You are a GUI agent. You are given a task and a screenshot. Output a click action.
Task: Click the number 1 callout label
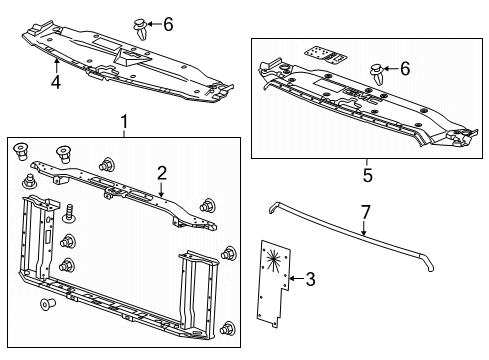click(x=124, y=123)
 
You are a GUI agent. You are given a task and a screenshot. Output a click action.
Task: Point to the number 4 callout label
click(x=56, y=81)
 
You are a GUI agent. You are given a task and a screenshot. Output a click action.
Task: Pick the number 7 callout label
click(x=366, y=213)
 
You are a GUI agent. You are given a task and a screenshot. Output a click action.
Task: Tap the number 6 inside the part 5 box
click(x=406, y=70)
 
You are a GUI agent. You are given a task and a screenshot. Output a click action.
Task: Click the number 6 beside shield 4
click(x=168, y=22)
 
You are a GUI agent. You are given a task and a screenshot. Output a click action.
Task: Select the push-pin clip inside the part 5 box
click(x=377, y=72)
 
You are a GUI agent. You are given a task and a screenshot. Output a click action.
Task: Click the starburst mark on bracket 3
click(x=271, y=266)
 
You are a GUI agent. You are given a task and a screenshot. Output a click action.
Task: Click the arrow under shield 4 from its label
click(x=56, y=66)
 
